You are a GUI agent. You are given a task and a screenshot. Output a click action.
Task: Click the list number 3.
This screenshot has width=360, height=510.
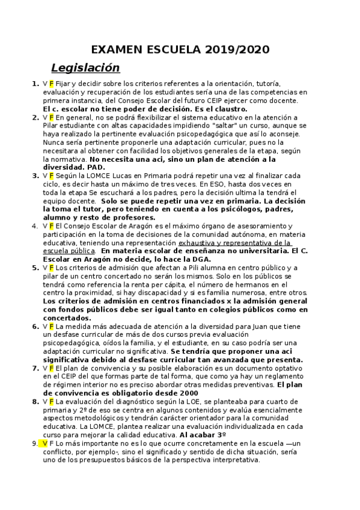pyautogui.click(x=35, y=175)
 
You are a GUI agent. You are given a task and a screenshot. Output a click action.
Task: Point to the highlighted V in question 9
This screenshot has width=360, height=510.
pyautogui.click(x=44, y=443)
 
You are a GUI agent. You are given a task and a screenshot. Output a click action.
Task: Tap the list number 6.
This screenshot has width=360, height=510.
pyautogui.click(x=35, y=326)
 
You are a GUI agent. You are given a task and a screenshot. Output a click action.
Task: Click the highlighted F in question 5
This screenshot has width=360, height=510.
pyautogui.click(x=51, y=268)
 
